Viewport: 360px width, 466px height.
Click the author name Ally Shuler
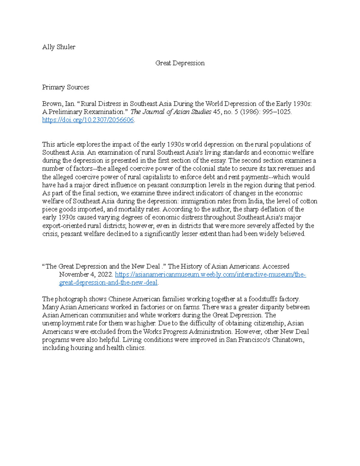[58, 47]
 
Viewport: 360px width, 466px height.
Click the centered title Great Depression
[180, 63]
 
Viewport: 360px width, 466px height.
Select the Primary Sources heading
[65, 87]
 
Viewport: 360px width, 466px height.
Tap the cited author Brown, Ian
[58, 104]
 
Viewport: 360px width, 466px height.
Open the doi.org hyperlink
[88, 120]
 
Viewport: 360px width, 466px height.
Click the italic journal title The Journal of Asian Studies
[171, 112]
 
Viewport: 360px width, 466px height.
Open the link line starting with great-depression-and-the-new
[108, 283]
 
